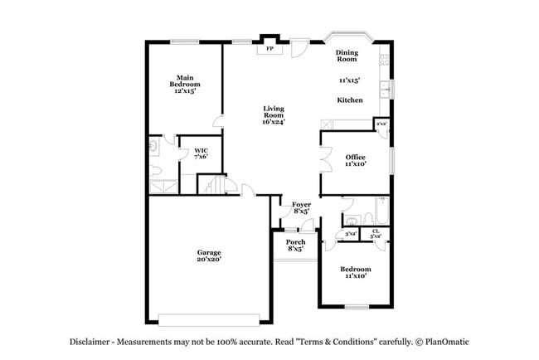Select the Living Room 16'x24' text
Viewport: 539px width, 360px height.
coord(274,115)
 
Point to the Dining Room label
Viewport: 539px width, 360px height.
coord(347,56)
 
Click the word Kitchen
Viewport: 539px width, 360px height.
coord(349,100)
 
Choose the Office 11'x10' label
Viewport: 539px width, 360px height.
coord(355,161)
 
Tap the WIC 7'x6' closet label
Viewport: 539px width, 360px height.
coord(200,153)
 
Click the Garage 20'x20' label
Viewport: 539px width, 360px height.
coord(208,255)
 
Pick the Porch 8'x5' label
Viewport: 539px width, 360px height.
coord(295,246)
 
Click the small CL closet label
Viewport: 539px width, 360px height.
coord(376,234)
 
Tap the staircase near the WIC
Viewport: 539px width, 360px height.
coord(217,184)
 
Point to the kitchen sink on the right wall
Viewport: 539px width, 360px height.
coord(386,87)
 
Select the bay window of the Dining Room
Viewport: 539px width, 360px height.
coord(347,37)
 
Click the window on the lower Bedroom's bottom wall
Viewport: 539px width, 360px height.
coord(356,307)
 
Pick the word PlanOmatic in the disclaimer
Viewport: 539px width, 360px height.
coord(449,342)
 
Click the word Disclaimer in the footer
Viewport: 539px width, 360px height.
coord(92,342)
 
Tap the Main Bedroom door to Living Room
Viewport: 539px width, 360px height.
coord(218,121)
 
